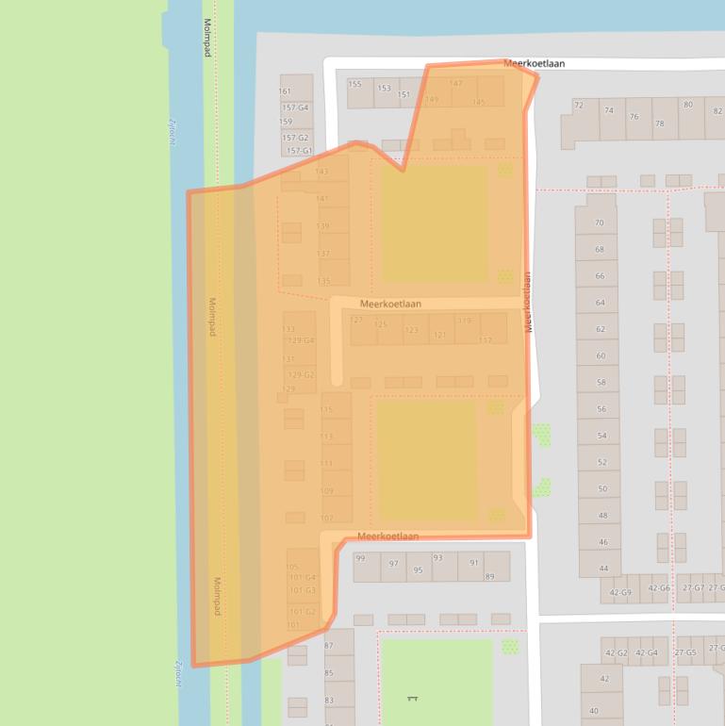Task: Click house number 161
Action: point(285,91)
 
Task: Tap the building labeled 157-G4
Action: point(295,107)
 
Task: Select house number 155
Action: point(354,84)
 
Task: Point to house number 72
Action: point(579,105)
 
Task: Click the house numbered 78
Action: point(659,124)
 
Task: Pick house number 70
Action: point(599,223)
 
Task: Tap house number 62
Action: point(600,330)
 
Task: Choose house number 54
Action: point(601,436)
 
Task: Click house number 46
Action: point(603,542)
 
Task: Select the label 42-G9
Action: point(620,592)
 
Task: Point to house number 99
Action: point(360,558)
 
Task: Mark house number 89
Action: point(489,576)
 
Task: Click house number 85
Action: point(329,673)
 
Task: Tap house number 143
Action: point(322,172)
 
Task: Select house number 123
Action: point(411,330)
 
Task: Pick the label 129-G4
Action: point(301,340)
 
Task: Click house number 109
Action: point(327,491)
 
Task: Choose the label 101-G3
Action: point(303,590)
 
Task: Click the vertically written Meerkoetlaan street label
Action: point(529,302)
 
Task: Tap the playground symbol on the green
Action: point(412,699)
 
